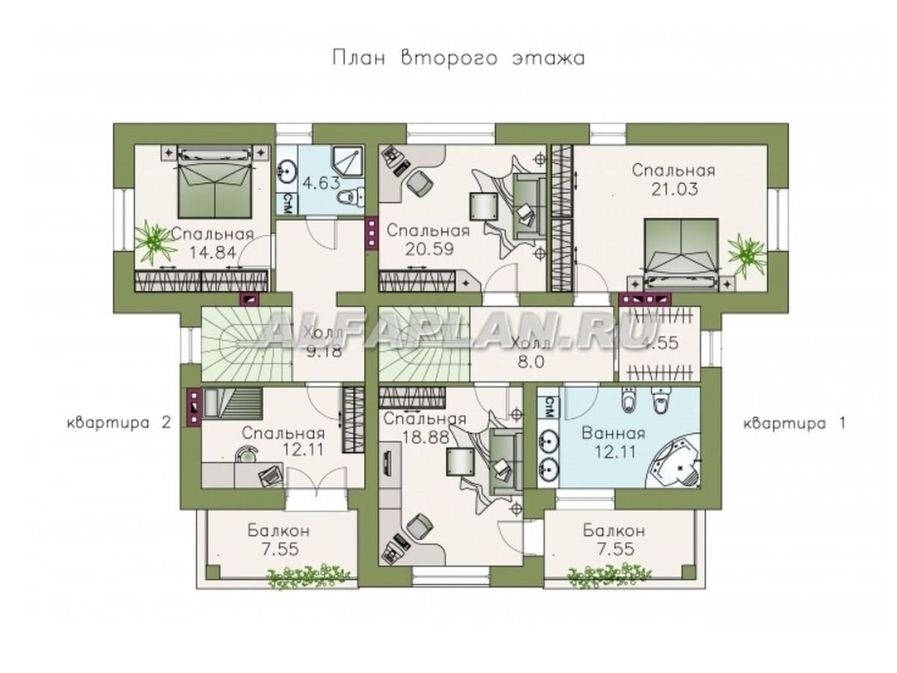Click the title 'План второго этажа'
pos(459,58)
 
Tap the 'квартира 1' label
pos(795,423)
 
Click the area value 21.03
pos(673,190)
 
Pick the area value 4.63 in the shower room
pos(321,182)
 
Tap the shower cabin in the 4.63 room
pos(348,163)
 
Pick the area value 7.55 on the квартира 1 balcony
pos(614,549)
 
